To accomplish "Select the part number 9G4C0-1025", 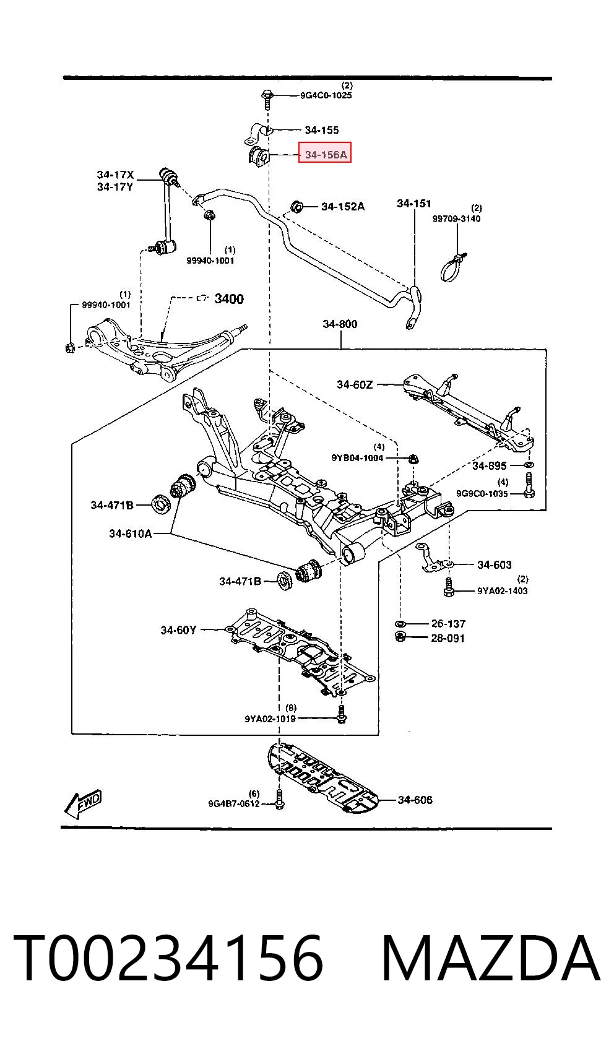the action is click(326, 95).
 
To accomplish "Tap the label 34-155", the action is click(322, 130).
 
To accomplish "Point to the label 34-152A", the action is click(343, 206).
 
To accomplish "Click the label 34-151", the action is click(413, 203).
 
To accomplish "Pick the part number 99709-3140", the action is click(456, 218).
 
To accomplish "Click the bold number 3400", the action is click(228, 298).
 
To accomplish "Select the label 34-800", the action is click(340, 324).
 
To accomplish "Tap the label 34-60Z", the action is click(355, 384).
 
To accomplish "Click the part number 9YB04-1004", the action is click(357, 458).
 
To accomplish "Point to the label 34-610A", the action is click(131, 533).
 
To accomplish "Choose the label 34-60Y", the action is click(178, 630).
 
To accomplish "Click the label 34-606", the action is click(415, 800).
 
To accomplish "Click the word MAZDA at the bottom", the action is click(490, 958).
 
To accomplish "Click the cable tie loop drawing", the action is click(452, 268).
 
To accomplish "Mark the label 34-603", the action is click(495, 564).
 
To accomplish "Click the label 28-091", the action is click(448, 638).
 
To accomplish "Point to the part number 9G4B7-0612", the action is click(234, 803).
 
